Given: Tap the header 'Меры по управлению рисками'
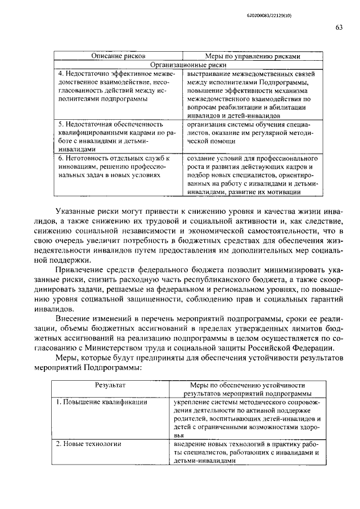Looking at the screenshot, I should pyautogui.click(x=251, y=56).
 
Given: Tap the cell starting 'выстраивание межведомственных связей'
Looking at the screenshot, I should pyautogui.click(x=251, y=94).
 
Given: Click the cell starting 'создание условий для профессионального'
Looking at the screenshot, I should pyautogui.click(x=251, y=175).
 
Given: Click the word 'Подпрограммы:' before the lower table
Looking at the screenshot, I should pyautogui.click(x=112, y=368).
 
